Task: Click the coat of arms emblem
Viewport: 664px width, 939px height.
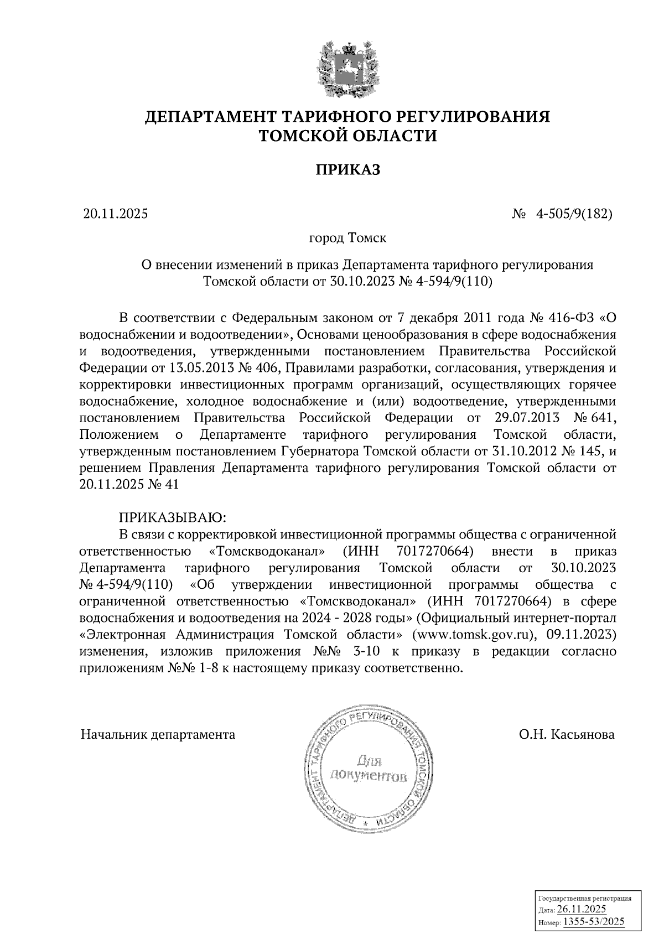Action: pos(347,69)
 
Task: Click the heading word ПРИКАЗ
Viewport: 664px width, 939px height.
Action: pos(347,170)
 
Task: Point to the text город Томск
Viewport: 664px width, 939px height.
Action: pos(347,238)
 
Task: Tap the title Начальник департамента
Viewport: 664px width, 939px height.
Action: pos(158,735)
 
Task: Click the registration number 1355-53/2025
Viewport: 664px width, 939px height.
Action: pos(593,922)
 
